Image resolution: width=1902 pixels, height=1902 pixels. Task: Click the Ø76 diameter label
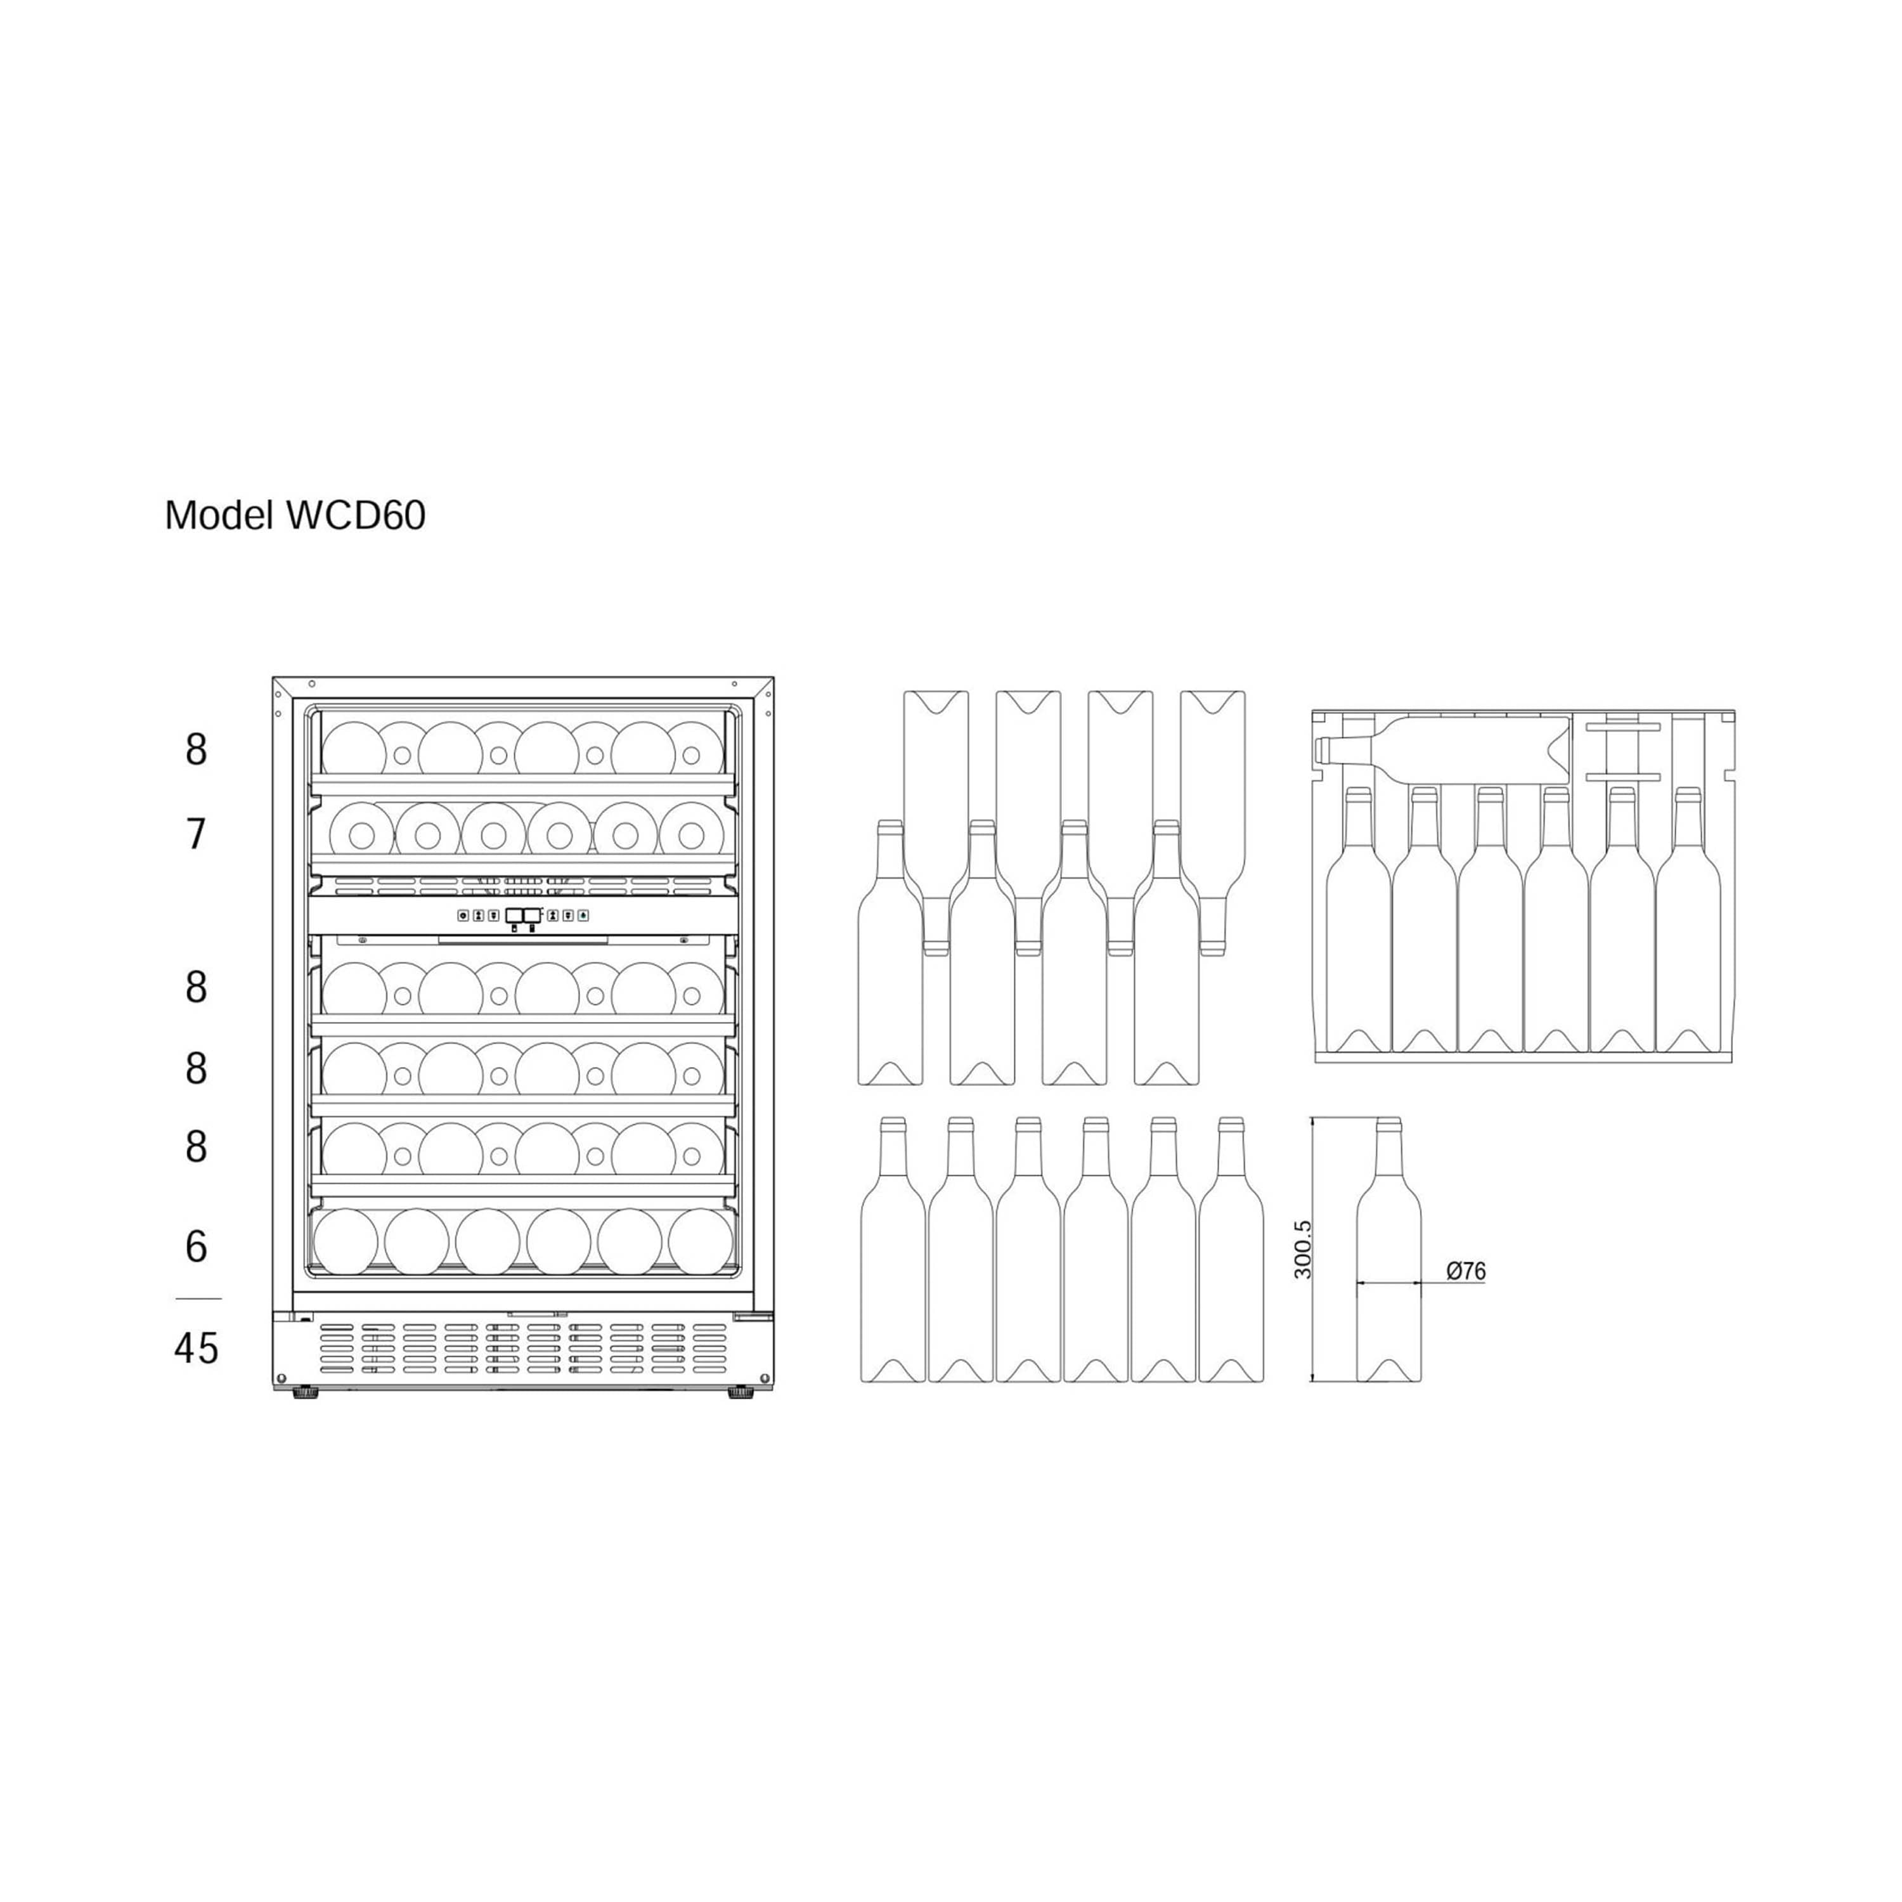[1466, 1271]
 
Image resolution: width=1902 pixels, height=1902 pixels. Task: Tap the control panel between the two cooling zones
[523, 915]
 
